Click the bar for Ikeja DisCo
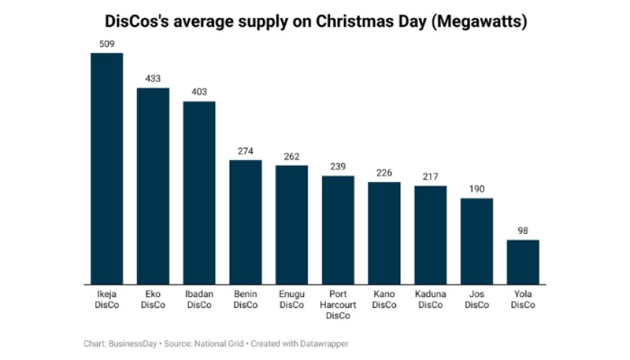pyautogui.click(x=106, y=168)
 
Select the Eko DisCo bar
pyautogui.click(x=153, y=186)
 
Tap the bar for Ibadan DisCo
pyautogui.click(x=199, y=193)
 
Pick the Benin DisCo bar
pyautogui.click(x=245, y=222)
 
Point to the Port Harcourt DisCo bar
pyautogui.click(x=338, y=230)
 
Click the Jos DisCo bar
pyautogui.click(x=476, y=240)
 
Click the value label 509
pyautogui.click(x=106, y=44)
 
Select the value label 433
pyautogui.click(x=153, y=79)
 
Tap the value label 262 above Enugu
pyautogui.click(x=292, y=156)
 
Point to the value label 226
pyautogui.click(x=384, y=173)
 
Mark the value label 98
pyautogui.click(x=523, y=230)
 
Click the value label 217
pyautogui.click(x=430, y=177)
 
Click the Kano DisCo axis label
pyautogui.click(x=384, y=300)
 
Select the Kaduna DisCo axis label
pyautogui.click(x=430, y=300)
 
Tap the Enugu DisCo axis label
pyautogui.click(x=292, y=300)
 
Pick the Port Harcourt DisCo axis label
pyautogui.click(x=338, y=305)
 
